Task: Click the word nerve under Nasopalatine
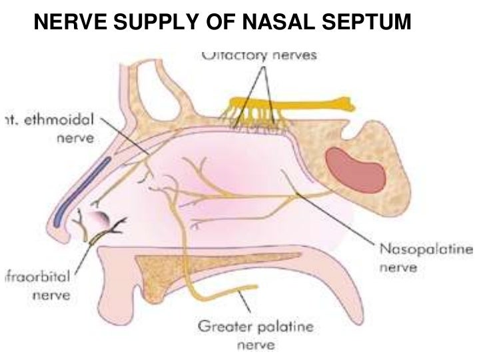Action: pyautogui.click(x=397, y=267)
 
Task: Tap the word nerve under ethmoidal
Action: pyautogui.click(x=75, y=139)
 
